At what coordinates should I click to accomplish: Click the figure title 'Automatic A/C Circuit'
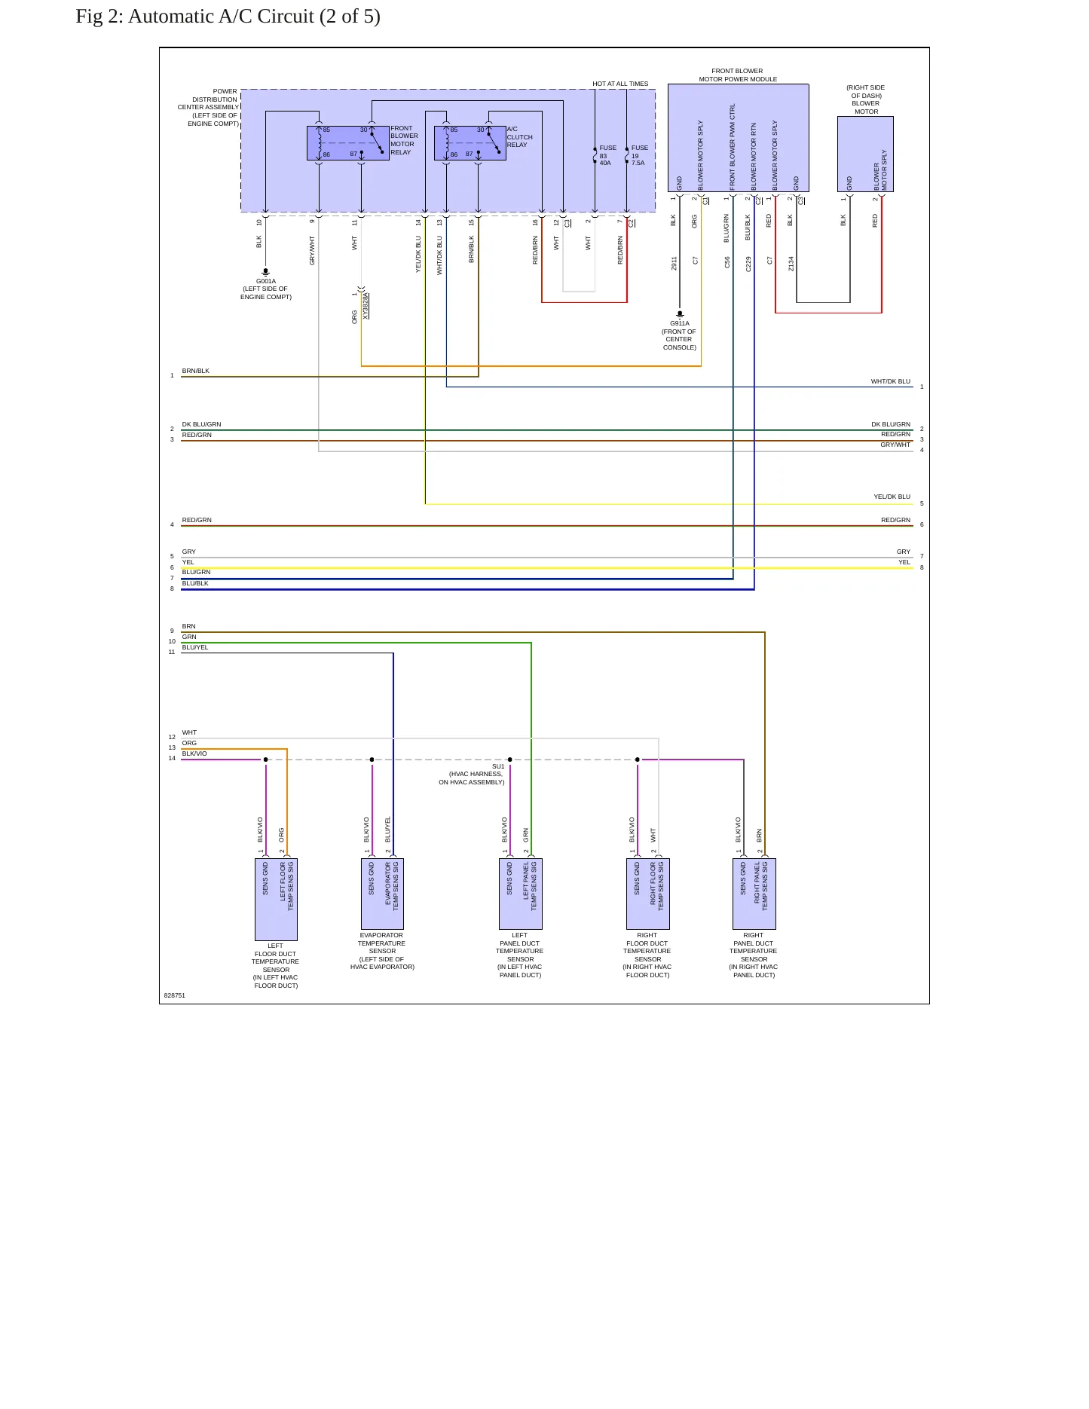pyautogui.click(x=221, y=17)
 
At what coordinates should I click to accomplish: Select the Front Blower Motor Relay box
pyautogui.click(x=348, y=143)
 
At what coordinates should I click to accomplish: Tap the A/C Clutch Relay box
pyautogui.click(x=470, y=143)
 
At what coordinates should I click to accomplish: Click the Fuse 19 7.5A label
pyautogui.click(x=639, y=155)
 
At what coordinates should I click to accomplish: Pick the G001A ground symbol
pyautogui.click(x=265, y=272)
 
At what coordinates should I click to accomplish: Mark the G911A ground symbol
pyautogui.click(x=680, y=314)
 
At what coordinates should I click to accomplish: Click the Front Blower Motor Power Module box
pyautogui.click(x=738, y=138)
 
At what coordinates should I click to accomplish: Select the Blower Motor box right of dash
pyautogui.click(x=865, y=154)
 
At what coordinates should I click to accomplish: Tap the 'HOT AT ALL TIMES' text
pyautogui.click(x=620, y=84)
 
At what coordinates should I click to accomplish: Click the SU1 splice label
pyautogui.click(x=498, y=766)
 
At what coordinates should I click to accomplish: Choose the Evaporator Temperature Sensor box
pyautogui.click(x=382, y=894)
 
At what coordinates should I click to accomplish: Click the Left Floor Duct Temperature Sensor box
pyautogui.click(x=276, y=900)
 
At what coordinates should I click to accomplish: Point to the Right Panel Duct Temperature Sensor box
pyautogui.click(x=754, y=894)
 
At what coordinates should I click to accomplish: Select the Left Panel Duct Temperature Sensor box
pyautogui.click(x=520, y=894)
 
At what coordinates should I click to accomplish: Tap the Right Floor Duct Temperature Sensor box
pyautogui.click(x=647, y=894)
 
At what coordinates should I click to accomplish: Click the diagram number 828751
pyautogui.click(x=175, y=995)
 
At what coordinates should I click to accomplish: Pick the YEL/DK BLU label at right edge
pyautogui.click(x=892, y=497)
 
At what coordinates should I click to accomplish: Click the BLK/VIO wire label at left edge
pyautogui.click(x=194, y=753)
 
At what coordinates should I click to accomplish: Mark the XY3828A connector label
pyautogui.click(x=366, y=307)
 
